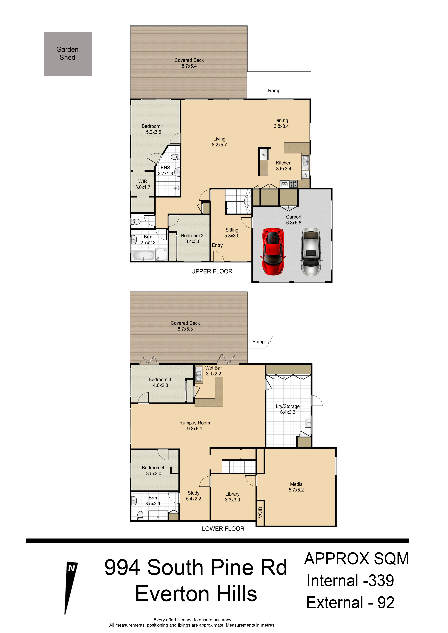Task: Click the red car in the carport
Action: [273, 251]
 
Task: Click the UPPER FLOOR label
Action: [212, 272]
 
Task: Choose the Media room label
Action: [296, 487]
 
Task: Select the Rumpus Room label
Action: [195, 426]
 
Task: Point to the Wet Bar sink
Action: [199, 374]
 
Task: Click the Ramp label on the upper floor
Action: [274, 91]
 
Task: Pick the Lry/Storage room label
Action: [288, 409]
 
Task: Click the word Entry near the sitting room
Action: [217, 245]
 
